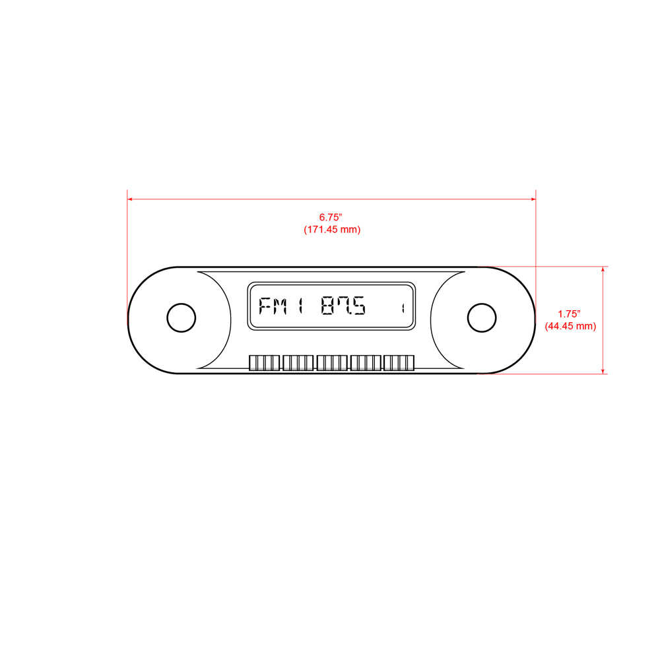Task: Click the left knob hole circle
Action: pos(181,318)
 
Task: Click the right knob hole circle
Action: pos(482,318)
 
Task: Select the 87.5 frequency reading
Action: pos(343,307)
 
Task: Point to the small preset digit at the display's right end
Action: pos(402,308)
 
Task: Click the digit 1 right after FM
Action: pos(300,307)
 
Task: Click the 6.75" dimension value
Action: pos(331,217)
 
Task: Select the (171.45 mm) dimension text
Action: pos(331,230)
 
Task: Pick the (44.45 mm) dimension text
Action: pos(570,326)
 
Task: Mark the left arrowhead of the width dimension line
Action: pos(131,199)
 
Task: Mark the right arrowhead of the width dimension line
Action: pos(533,199)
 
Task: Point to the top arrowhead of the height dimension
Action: pos(603,269)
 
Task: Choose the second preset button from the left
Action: pos(298,363)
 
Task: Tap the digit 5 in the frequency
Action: pos(358,307)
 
